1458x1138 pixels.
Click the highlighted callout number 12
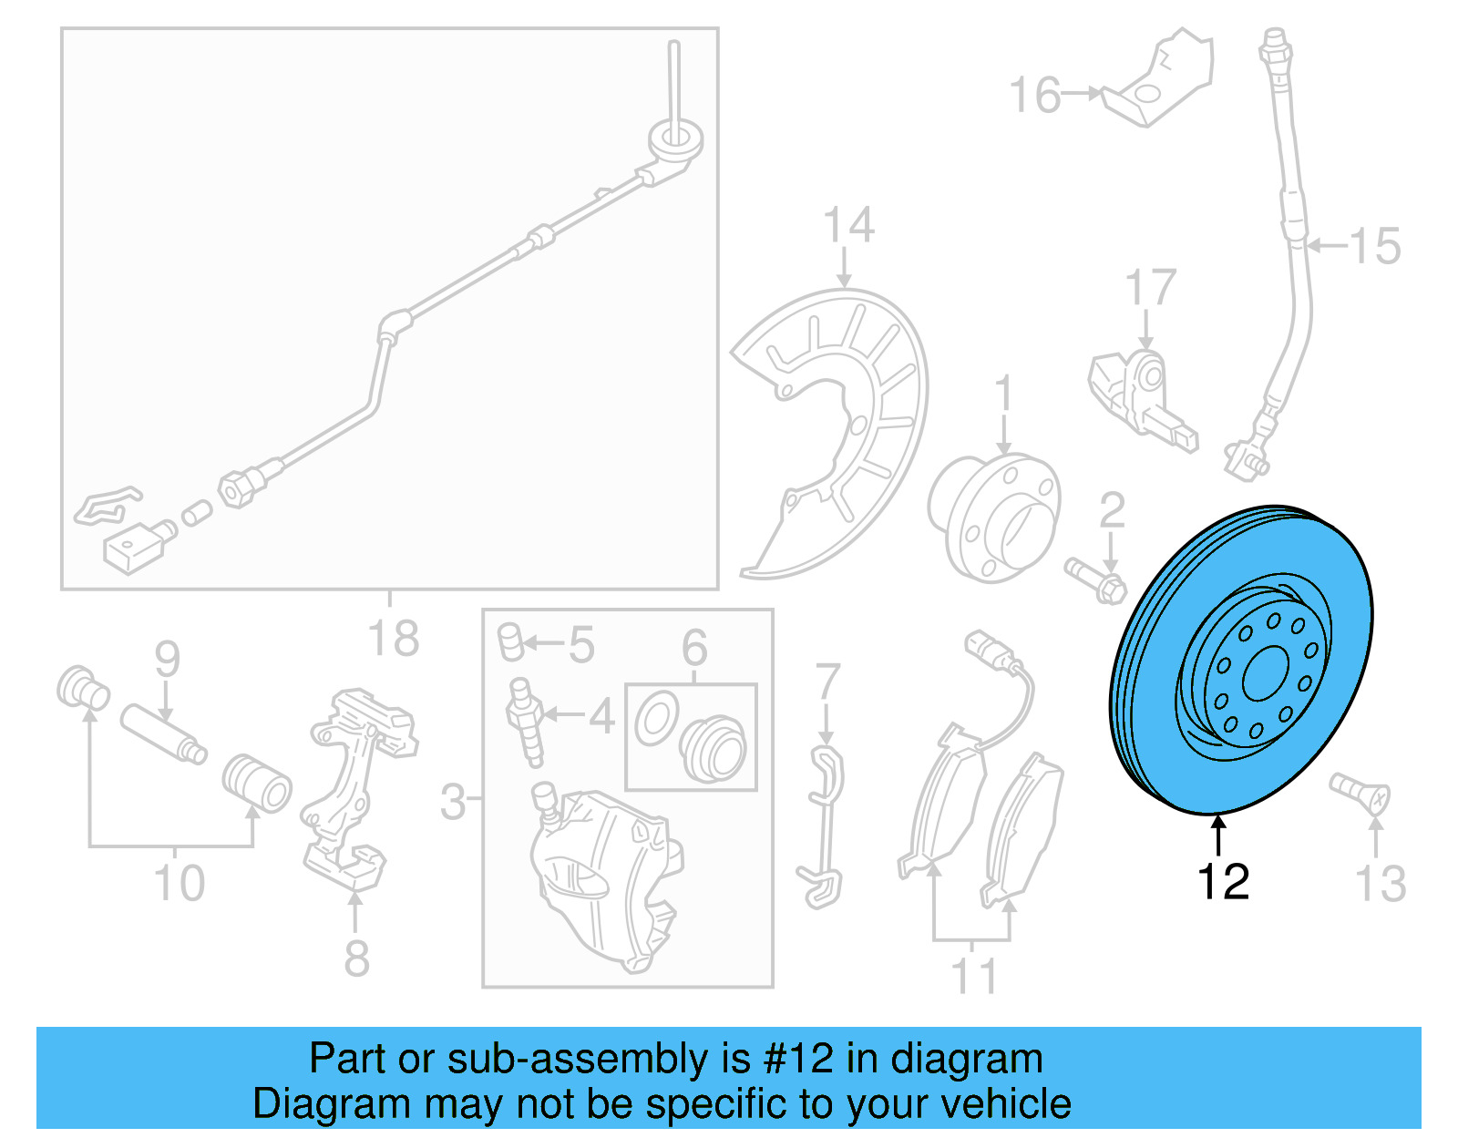coord(1222,882)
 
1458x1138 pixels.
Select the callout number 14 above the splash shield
coord(847,225)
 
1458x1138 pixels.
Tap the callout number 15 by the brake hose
coord(1375,246)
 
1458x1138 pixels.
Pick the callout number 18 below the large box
coord(393,639)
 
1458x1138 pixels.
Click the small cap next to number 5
coord(510,641)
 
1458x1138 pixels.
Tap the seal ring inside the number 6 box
coord(657,719)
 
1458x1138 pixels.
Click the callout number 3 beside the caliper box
coord(453,802)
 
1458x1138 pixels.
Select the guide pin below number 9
coord(164,733)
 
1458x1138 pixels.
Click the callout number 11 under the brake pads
coord(973,976)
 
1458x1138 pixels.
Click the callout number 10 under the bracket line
coord(179,883)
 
